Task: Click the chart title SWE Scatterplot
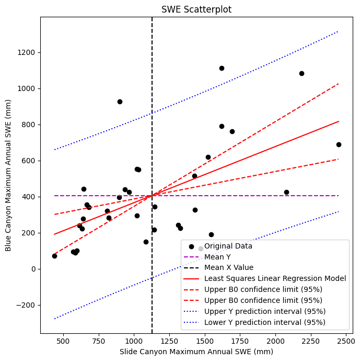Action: (x=196, y=9)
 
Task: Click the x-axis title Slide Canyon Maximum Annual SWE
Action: (x=196, y=352)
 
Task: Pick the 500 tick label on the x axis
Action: (x=63, y=341)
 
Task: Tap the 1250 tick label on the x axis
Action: (x=169, y=341)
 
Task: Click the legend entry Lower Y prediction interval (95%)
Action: (x=265, y=322)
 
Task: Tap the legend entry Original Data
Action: (x=228, y=246)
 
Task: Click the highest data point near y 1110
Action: (x=222, y=68)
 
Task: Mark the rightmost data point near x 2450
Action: (x=339, y=144)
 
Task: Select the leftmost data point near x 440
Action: (x=54, y=256)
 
